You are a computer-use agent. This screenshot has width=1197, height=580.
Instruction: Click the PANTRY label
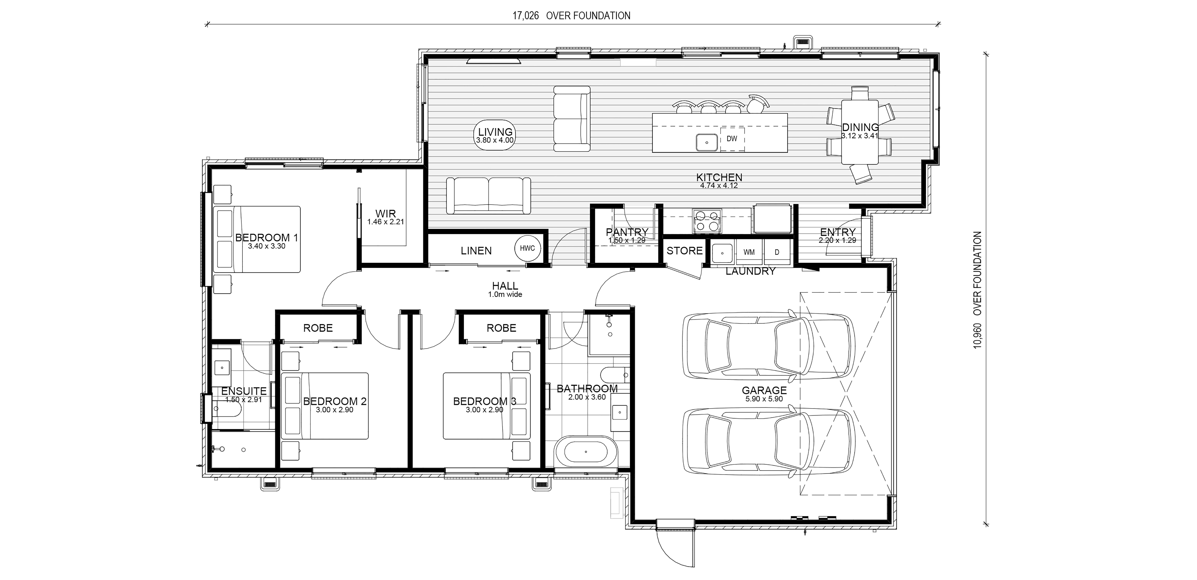(x=627, y=232)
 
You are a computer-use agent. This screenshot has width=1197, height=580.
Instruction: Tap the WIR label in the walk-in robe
(x=386, y=214)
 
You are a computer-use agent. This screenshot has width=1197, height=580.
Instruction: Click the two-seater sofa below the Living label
(x=488, y=196)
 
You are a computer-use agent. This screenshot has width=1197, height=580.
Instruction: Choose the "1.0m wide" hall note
(x=505, y=294)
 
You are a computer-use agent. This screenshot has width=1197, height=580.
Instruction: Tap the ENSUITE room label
(x=244, y=391)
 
